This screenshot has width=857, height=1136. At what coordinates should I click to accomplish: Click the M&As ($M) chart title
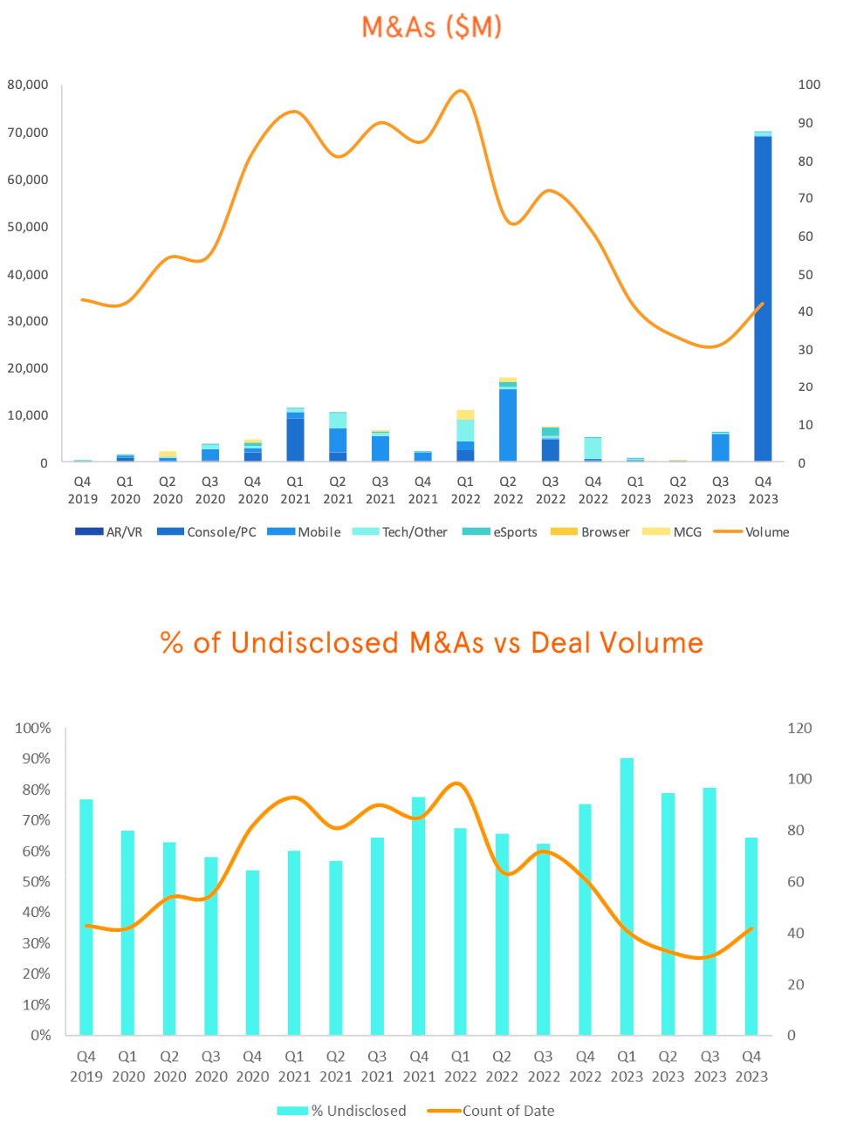click(432, 27)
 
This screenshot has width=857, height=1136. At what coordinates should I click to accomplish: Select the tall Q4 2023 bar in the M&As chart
click(763, 297)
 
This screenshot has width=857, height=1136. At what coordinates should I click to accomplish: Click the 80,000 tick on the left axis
click(28, 85)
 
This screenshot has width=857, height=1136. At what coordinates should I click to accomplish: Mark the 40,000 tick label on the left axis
click(28, 274)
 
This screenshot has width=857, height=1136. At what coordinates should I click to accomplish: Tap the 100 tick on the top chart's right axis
click(809, 85)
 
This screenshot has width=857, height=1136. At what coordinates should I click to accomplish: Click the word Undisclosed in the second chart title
click(315, 643)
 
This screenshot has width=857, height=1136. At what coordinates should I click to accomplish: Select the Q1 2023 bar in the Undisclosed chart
click(627, 897)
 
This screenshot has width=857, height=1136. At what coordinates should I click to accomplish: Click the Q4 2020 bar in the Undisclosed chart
click(252, 953)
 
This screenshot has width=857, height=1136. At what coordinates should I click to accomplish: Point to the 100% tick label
click(33, 728)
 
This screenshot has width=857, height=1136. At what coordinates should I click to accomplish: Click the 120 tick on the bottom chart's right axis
click(799, 728)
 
